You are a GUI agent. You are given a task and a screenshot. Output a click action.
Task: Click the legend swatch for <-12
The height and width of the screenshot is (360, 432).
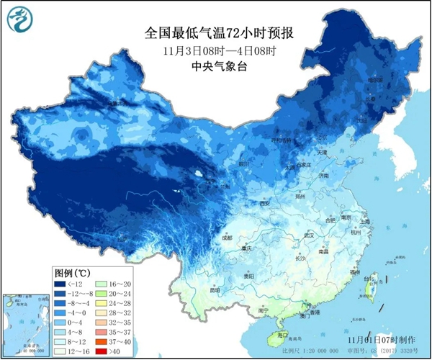63,284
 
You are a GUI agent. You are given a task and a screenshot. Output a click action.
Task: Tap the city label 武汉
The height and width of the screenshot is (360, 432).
310,235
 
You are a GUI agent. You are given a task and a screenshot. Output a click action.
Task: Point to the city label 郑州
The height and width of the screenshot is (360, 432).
303,196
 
